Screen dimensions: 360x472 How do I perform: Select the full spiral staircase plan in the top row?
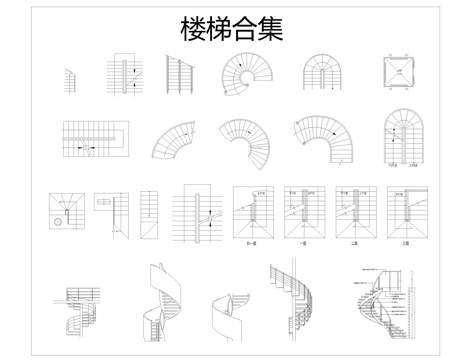[244, 77]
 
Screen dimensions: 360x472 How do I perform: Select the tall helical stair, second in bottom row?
[160, 305]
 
